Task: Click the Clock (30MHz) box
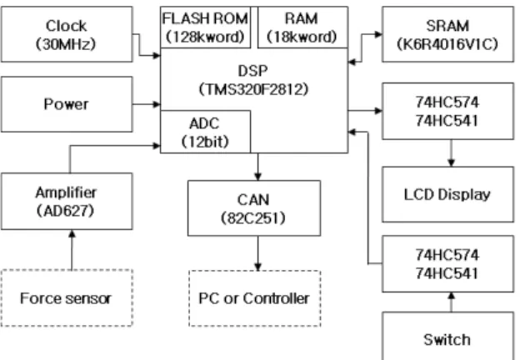click(67, 34)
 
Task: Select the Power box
click(67, 104)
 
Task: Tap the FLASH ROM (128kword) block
click(205, 27)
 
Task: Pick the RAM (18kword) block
click(303, 27)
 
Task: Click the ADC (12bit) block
click(205, 132)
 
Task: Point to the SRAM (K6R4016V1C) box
click(448, 34)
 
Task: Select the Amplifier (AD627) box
click(67, 202)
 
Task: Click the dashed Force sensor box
click(67, 297)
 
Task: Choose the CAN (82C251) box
click(254, 208)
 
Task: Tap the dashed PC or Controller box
click(255, 298)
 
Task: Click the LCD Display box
click(448, 194)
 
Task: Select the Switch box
click(448, 336)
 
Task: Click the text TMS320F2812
click(254, 89)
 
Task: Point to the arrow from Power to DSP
click(147, 104)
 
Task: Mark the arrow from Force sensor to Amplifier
click(72, 250)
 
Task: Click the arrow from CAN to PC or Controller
click(258, 253)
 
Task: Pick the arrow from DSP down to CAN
click(258, 167)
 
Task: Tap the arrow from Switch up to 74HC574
click(451, 302)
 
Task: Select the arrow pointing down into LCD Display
click(451, 153)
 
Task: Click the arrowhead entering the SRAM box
click(378, 34)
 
